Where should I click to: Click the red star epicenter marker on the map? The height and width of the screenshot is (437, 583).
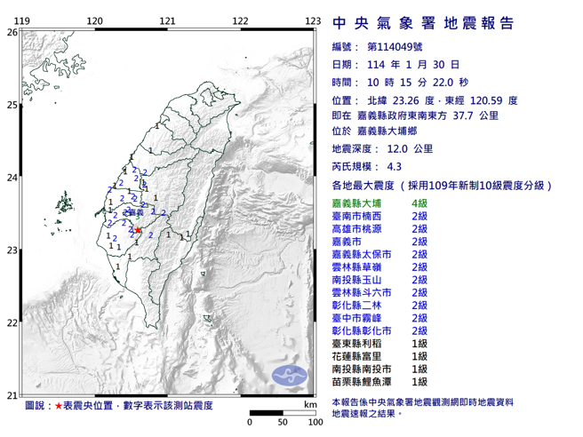[x=139, y=228]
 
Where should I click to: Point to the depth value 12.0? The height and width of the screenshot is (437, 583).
[x=398, y=150]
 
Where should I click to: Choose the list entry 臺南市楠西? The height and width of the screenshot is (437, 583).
[x=355, y=216]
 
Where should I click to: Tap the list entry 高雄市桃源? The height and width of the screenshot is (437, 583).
[x=355, y=229]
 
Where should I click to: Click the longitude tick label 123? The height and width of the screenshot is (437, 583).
[x=312, y=20]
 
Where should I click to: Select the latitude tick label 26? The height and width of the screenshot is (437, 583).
[x=12, y=32]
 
